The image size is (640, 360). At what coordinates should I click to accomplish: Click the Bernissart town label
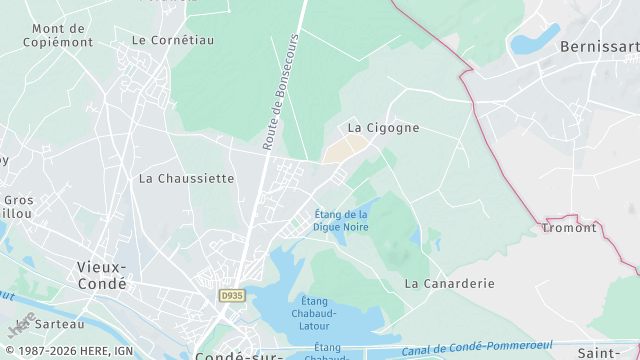point(599,46)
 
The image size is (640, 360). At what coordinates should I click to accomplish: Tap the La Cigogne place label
point(383,128)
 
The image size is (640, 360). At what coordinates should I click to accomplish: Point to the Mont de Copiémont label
point(62,36)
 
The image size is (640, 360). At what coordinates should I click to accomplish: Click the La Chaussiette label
point(186,178)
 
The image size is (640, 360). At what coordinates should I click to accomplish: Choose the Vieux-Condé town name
point(102,275)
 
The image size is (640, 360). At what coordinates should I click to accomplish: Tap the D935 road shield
point(232,296)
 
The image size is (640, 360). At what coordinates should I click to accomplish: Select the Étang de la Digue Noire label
point(341,221)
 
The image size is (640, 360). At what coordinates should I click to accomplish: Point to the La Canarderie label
point(449,283)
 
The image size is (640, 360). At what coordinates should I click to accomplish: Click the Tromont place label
point(568,227)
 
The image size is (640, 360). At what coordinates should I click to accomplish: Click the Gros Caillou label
point(17,206)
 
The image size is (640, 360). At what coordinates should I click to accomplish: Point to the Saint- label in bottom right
point(602,353)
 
